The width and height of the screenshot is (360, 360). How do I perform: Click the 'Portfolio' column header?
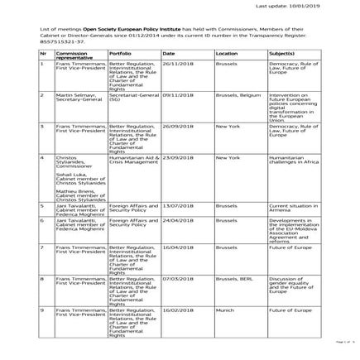(120, 52)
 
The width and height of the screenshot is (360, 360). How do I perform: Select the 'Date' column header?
(168, 52)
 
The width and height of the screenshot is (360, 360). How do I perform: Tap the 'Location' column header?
(226, 52)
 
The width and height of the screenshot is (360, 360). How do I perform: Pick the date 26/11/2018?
(177, 63)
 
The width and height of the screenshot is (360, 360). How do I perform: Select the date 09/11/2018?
(177, 94)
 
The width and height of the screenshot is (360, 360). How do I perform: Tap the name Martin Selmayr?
(70, 94)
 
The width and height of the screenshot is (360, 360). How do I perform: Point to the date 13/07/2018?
(177, 205)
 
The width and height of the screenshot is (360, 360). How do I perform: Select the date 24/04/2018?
(177, 221)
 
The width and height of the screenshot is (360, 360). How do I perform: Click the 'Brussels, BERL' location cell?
(233, 278)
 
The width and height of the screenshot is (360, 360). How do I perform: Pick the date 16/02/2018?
(177, 310)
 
